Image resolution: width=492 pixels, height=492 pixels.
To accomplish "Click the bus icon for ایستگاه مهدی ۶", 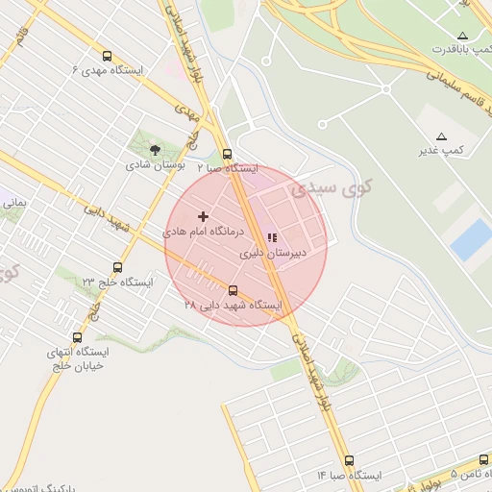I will [106, 56].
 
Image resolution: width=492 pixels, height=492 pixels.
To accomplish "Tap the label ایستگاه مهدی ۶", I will [109, 70].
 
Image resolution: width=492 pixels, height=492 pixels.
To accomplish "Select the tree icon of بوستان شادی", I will [155, 149].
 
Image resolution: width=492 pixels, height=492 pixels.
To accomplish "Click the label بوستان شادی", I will [155, 164].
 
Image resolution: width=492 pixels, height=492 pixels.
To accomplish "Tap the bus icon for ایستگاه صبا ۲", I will [227, 153].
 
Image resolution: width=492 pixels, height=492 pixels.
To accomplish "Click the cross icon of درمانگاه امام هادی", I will [203, 217].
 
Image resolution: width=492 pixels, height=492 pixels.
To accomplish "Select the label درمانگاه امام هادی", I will [204, 233].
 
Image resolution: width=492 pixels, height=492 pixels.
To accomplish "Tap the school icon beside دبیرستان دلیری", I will [272, 237].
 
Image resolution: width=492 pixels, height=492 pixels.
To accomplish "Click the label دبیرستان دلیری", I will [273, 253].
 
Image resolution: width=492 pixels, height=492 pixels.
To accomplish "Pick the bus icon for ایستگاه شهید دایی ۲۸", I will [233, 289].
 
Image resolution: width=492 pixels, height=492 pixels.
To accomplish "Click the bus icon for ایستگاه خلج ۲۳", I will [118, 267].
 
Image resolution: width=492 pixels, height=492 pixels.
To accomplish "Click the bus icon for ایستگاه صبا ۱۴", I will [348, 460].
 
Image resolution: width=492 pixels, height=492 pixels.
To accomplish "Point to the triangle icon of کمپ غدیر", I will [441, 136].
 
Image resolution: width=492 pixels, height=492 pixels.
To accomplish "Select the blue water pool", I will [471, 238].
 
